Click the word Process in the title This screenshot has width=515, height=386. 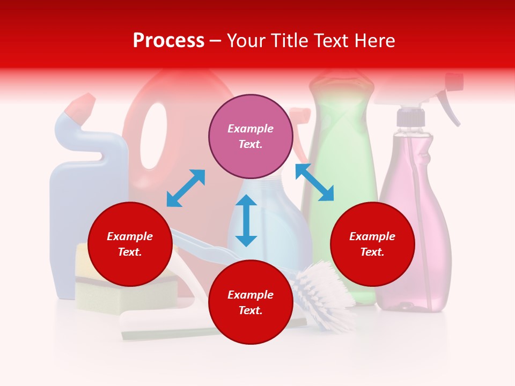click(168, 41)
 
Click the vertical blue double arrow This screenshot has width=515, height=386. click(246, 220)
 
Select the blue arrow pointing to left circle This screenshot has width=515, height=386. click(186, 188)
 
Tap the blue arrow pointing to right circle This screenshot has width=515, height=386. click(314, 182)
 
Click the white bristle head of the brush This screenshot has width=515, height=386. click(322, 292)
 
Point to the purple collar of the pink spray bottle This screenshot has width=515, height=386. click(411, 117)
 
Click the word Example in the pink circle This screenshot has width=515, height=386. click(251, 129)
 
